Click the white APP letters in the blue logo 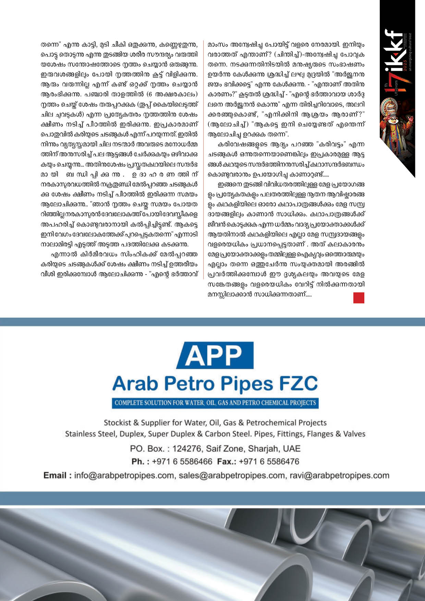pyautogui.click(x=215, y=355)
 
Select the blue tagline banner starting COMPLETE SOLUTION pyautogui.click(x=215, y=403)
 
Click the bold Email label pyautogui.click(x=57, y=476)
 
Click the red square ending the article pyautogui.click(x=359, y=297)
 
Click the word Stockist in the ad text pyautogui.click(x=118, y=422)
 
